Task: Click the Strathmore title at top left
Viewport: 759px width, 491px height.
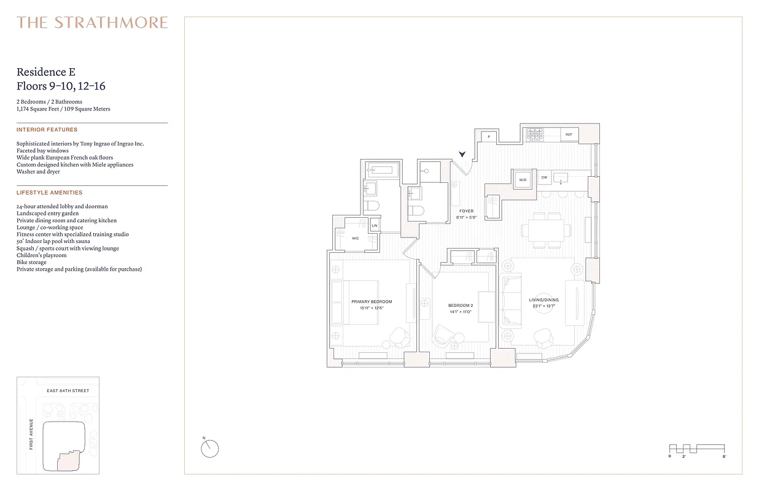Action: pos(92,23)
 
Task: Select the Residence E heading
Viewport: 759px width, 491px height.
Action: pos(46,72)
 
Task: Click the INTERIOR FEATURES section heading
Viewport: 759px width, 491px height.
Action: pos(47,130)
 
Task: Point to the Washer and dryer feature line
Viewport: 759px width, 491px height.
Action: pos(38,172)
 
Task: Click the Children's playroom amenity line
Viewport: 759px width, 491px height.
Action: pos(42,255)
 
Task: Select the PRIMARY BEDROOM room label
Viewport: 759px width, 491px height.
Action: pos(371,302)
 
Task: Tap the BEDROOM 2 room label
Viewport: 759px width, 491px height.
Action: pos(460,305)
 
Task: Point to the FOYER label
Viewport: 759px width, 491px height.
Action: pos(466,211)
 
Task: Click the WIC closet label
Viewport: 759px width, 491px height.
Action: pos(355,238)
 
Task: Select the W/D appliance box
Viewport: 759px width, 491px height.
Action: pos(523,180)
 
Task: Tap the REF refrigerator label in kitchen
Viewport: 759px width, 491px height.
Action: pos(569,134)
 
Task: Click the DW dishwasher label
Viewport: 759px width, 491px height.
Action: pos(544,177)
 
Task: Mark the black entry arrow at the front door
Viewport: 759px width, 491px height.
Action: pos(462,155)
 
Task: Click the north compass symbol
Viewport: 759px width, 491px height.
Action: pos(209,449)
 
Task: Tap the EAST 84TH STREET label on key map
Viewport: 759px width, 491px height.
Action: pos(68,391)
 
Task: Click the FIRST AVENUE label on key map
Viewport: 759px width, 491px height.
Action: pos(31,434)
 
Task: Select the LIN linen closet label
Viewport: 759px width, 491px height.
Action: pos(374,226)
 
